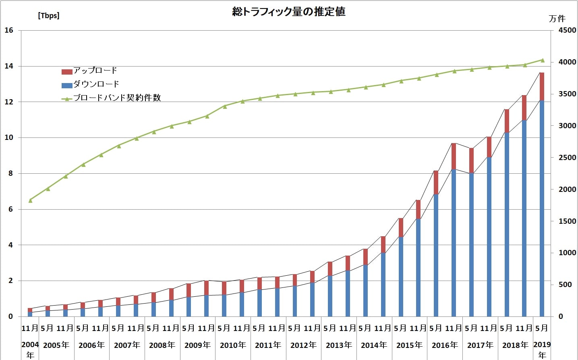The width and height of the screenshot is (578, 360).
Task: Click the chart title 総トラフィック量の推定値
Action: pos(289,12)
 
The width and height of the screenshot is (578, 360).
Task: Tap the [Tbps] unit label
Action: pos(48,16)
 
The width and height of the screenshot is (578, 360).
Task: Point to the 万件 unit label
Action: pos(557,19)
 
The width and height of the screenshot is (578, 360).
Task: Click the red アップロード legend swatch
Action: pos(67,72)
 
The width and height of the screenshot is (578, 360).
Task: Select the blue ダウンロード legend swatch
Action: pos(67,85)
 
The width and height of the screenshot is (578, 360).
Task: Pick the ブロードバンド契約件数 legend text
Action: pos(117,98)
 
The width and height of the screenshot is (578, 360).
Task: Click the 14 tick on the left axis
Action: pos(8,66)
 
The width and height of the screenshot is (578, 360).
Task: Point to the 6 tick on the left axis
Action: pos(10,209)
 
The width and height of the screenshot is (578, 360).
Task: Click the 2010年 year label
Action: pos(233,345)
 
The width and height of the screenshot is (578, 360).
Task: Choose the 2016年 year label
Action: pos(445,345)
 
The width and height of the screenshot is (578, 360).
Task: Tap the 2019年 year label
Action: pos(542,349)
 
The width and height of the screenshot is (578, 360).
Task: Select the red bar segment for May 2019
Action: pos(542,86)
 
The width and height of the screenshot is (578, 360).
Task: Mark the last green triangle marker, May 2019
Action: pos(542,60)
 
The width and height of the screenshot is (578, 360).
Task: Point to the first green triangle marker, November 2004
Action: pos(30,200)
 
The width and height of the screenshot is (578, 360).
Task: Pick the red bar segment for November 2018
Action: pos(524,108)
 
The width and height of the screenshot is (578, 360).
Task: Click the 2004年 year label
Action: pos(30,349)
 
